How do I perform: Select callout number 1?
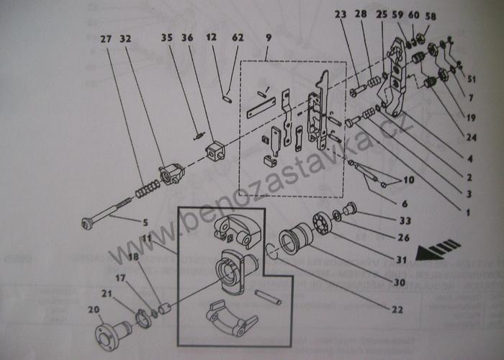pos(467,212)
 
